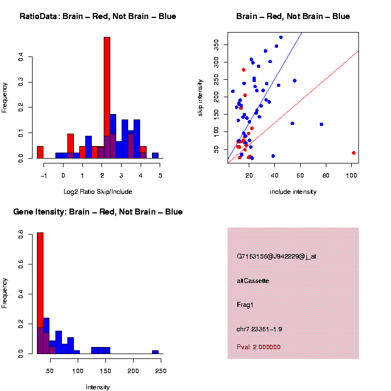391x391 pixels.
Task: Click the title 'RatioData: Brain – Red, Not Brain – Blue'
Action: point(98,16)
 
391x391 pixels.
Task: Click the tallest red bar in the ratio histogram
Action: point(107,98)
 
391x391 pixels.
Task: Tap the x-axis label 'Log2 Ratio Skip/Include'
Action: point(98,192)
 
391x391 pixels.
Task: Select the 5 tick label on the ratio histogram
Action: point(160,175)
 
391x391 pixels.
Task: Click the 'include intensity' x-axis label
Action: point(293,192)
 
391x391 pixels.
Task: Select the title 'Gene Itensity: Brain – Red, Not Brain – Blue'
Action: point(98,212)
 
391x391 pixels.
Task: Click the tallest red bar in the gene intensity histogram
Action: point(40,293)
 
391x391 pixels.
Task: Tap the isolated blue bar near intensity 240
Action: point(155,352)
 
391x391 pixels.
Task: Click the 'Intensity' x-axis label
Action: point(98,387)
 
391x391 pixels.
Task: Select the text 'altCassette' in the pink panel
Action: point(253,281)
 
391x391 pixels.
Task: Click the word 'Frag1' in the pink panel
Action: point(245,305)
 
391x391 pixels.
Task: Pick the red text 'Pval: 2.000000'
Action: point(258,347)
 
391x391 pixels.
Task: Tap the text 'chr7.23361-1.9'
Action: point(260,329)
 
